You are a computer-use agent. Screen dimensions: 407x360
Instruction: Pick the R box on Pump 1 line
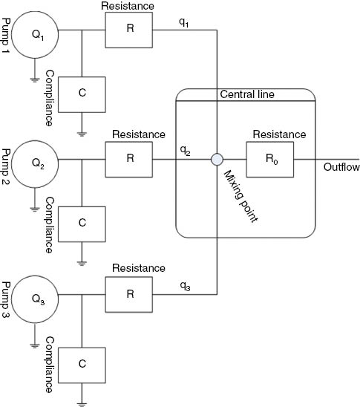point(130,30)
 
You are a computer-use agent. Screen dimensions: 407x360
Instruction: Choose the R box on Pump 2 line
point(129,159)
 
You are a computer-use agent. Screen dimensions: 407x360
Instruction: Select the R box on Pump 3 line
point(129,294)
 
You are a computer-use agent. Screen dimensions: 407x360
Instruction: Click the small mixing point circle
point(217,159)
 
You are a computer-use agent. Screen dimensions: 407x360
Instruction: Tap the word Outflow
point(341,167)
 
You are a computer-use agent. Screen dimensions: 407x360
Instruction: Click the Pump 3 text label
point(7,301)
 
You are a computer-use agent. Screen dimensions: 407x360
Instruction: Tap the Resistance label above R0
point(278,135)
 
